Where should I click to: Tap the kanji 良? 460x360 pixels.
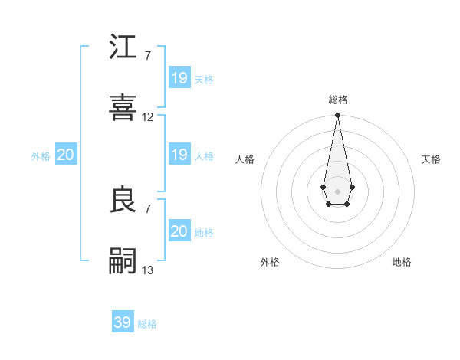[123, 200]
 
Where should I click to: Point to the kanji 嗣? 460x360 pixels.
[123, 261]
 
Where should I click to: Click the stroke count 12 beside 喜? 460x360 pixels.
[148, 117]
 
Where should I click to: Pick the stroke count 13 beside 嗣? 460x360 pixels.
[148, 270]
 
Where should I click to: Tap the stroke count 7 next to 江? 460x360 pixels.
[148, 56]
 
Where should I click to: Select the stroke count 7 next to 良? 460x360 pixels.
[148, 208]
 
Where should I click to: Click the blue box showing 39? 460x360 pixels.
[123, 322]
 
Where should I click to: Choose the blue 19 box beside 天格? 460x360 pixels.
[179, 78]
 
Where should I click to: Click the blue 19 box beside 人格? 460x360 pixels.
[179, 155]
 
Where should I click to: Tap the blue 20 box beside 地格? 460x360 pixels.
[179, 231]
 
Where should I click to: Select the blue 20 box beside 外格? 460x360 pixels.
[66, 155]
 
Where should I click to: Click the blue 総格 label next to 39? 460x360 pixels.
[147, 324]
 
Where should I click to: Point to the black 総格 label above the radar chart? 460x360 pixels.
[338, 100]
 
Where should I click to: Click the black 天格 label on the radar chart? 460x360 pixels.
[431, 159]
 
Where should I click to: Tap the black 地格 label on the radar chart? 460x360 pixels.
[402, 262]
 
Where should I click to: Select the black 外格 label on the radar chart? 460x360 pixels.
[270, 262]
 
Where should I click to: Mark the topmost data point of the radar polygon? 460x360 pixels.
[337, 116]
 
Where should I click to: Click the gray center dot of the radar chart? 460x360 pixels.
[337, 190]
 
